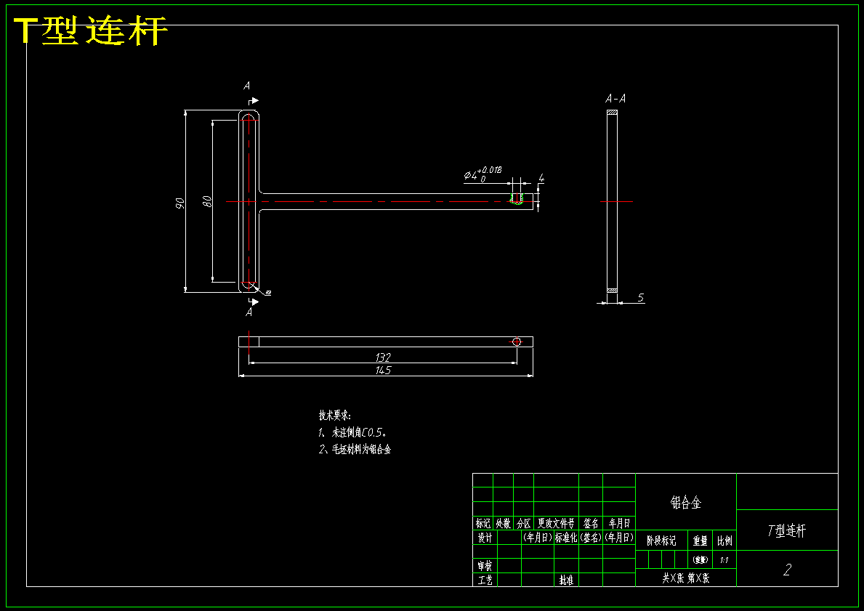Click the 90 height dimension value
point(179,203)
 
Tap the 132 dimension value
point(384,357)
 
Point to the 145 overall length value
point(384,371)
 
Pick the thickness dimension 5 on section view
point(641,298)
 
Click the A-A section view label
point(616,98)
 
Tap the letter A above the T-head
point(247,86)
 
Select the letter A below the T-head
point(249,312)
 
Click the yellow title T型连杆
point(92,31)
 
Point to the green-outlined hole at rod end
point(517,199)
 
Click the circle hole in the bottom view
point(517,341)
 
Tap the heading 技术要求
point(334,416)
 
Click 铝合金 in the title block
point(685,502)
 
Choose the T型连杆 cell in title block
point(787,530)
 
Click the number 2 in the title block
point(787,570)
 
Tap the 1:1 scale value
point(724,560)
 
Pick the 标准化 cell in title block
point(566,538)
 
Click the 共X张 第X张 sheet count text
point(685,578)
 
